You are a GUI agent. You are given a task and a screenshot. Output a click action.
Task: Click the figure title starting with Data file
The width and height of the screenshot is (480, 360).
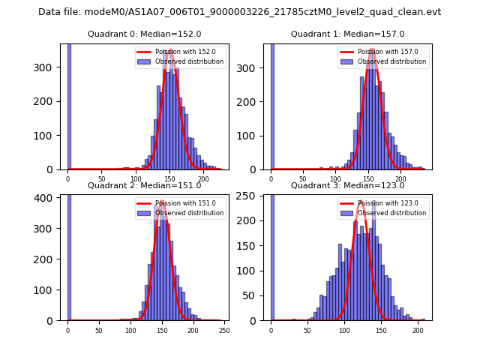239,12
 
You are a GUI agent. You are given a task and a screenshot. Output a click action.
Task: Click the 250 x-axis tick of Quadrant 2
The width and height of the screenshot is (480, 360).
223,330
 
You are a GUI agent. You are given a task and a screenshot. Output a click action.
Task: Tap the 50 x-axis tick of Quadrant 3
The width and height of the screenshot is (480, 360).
307,330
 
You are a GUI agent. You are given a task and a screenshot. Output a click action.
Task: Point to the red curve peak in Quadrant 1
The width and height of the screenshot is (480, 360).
372,50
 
